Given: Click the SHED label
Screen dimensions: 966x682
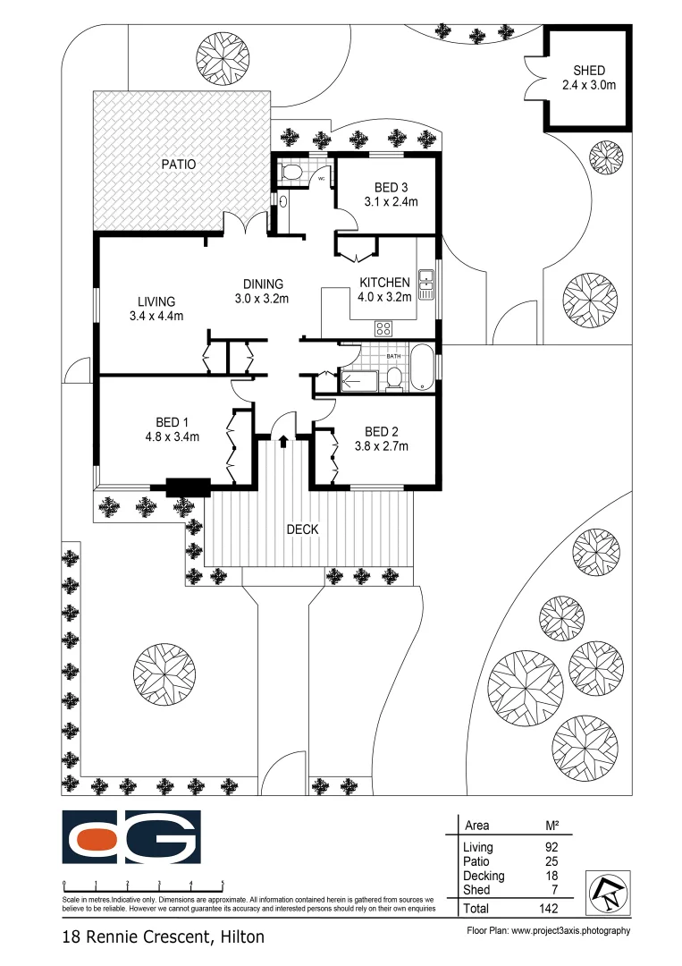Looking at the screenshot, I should click(x=590, y=71).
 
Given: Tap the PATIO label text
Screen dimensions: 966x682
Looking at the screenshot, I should click(x=178, y=165).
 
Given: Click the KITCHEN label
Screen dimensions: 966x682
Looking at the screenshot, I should click(x=384, y=283).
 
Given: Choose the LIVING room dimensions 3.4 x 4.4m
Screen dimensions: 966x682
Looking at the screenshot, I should click(x=156, y=316).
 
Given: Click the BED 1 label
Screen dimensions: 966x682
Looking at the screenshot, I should click(x=172, y=422).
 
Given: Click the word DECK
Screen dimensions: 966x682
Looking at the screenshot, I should click(x=302, y=530).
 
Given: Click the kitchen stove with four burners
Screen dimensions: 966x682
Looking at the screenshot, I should click(x=383, y=326).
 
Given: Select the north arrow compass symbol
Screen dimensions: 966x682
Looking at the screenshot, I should click(x=607, y=892).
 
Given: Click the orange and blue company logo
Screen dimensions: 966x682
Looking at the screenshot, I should click(x=131, y=838).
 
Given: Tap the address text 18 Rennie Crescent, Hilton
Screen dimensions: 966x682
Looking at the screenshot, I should click(x=163, y=938).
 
